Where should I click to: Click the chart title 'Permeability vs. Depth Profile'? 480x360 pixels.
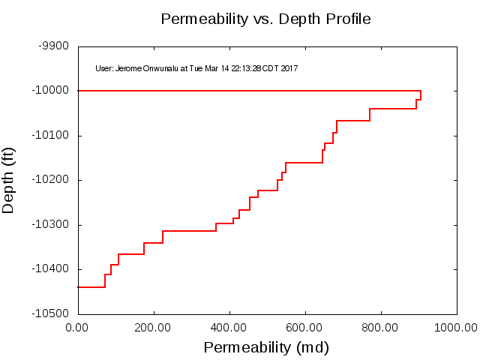pyautogui.click(x=265, y=19)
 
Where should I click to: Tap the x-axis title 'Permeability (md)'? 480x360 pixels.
pyautogui.click(x=266, y=348)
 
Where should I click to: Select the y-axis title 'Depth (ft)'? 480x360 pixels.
pyautogui.click(x=9, y=180)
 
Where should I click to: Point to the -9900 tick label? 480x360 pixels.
pyautogui.click(x=54, y=46)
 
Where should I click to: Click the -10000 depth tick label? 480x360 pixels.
pyautogui.click(x=51, y=91)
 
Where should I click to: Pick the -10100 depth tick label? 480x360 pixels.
pyautogui.click(x=51, y=135)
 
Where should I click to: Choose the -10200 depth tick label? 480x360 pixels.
pyautogui.click(x=51, y=180)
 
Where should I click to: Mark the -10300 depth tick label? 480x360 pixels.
pyautogui.click(x=51, y=224)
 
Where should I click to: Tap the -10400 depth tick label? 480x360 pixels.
pyautogui.click(x=51, y=269)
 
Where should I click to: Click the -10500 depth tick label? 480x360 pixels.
pyautogui.click(x=51, y=313)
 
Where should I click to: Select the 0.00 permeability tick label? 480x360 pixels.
pyautogui.click(x=78, y=328)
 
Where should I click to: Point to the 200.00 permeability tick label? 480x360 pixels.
pyautogui.click(x=154, y=328)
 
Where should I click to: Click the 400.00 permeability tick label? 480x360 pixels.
pyautogui.click(x=229, y=328)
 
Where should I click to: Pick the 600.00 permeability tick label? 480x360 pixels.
pyautogui.click(x=305, y=328)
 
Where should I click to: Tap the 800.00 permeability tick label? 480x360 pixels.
pyautogui.click(x=381, y=328)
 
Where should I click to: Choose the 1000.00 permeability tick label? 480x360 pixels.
pyautogui.click(x=455, y=328)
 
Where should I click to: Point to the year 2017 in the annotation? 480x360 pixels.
pyautogui.click(x=290, y=69)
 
